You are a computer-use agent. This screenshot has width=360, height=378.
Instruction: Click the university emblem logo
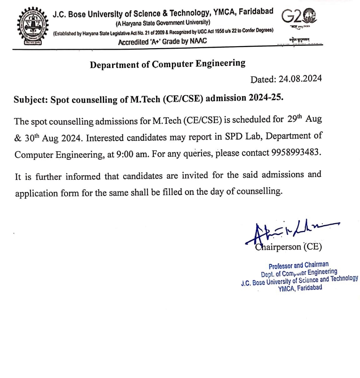(33, 27)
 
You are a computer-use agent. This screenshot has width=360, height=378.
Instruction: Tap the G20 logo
(299, 15)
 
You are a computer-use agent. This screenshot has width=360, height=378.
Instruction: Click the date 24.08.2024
(300, 78)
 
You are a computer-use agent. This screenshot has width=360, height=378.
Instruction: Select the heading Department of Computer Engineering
(168, 64)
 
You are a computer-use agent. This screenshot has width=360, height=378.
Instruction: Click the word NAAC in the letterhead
(198, 41)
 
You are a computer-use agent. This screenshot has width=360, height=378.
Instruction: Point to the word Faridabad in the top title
(256, 12)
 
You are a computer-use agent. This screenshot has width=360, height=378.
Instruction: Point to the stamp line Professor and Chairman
(299, 266)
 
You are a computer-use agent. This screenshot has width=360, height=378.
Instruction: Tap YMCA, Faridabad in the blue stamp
(300, 288)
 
